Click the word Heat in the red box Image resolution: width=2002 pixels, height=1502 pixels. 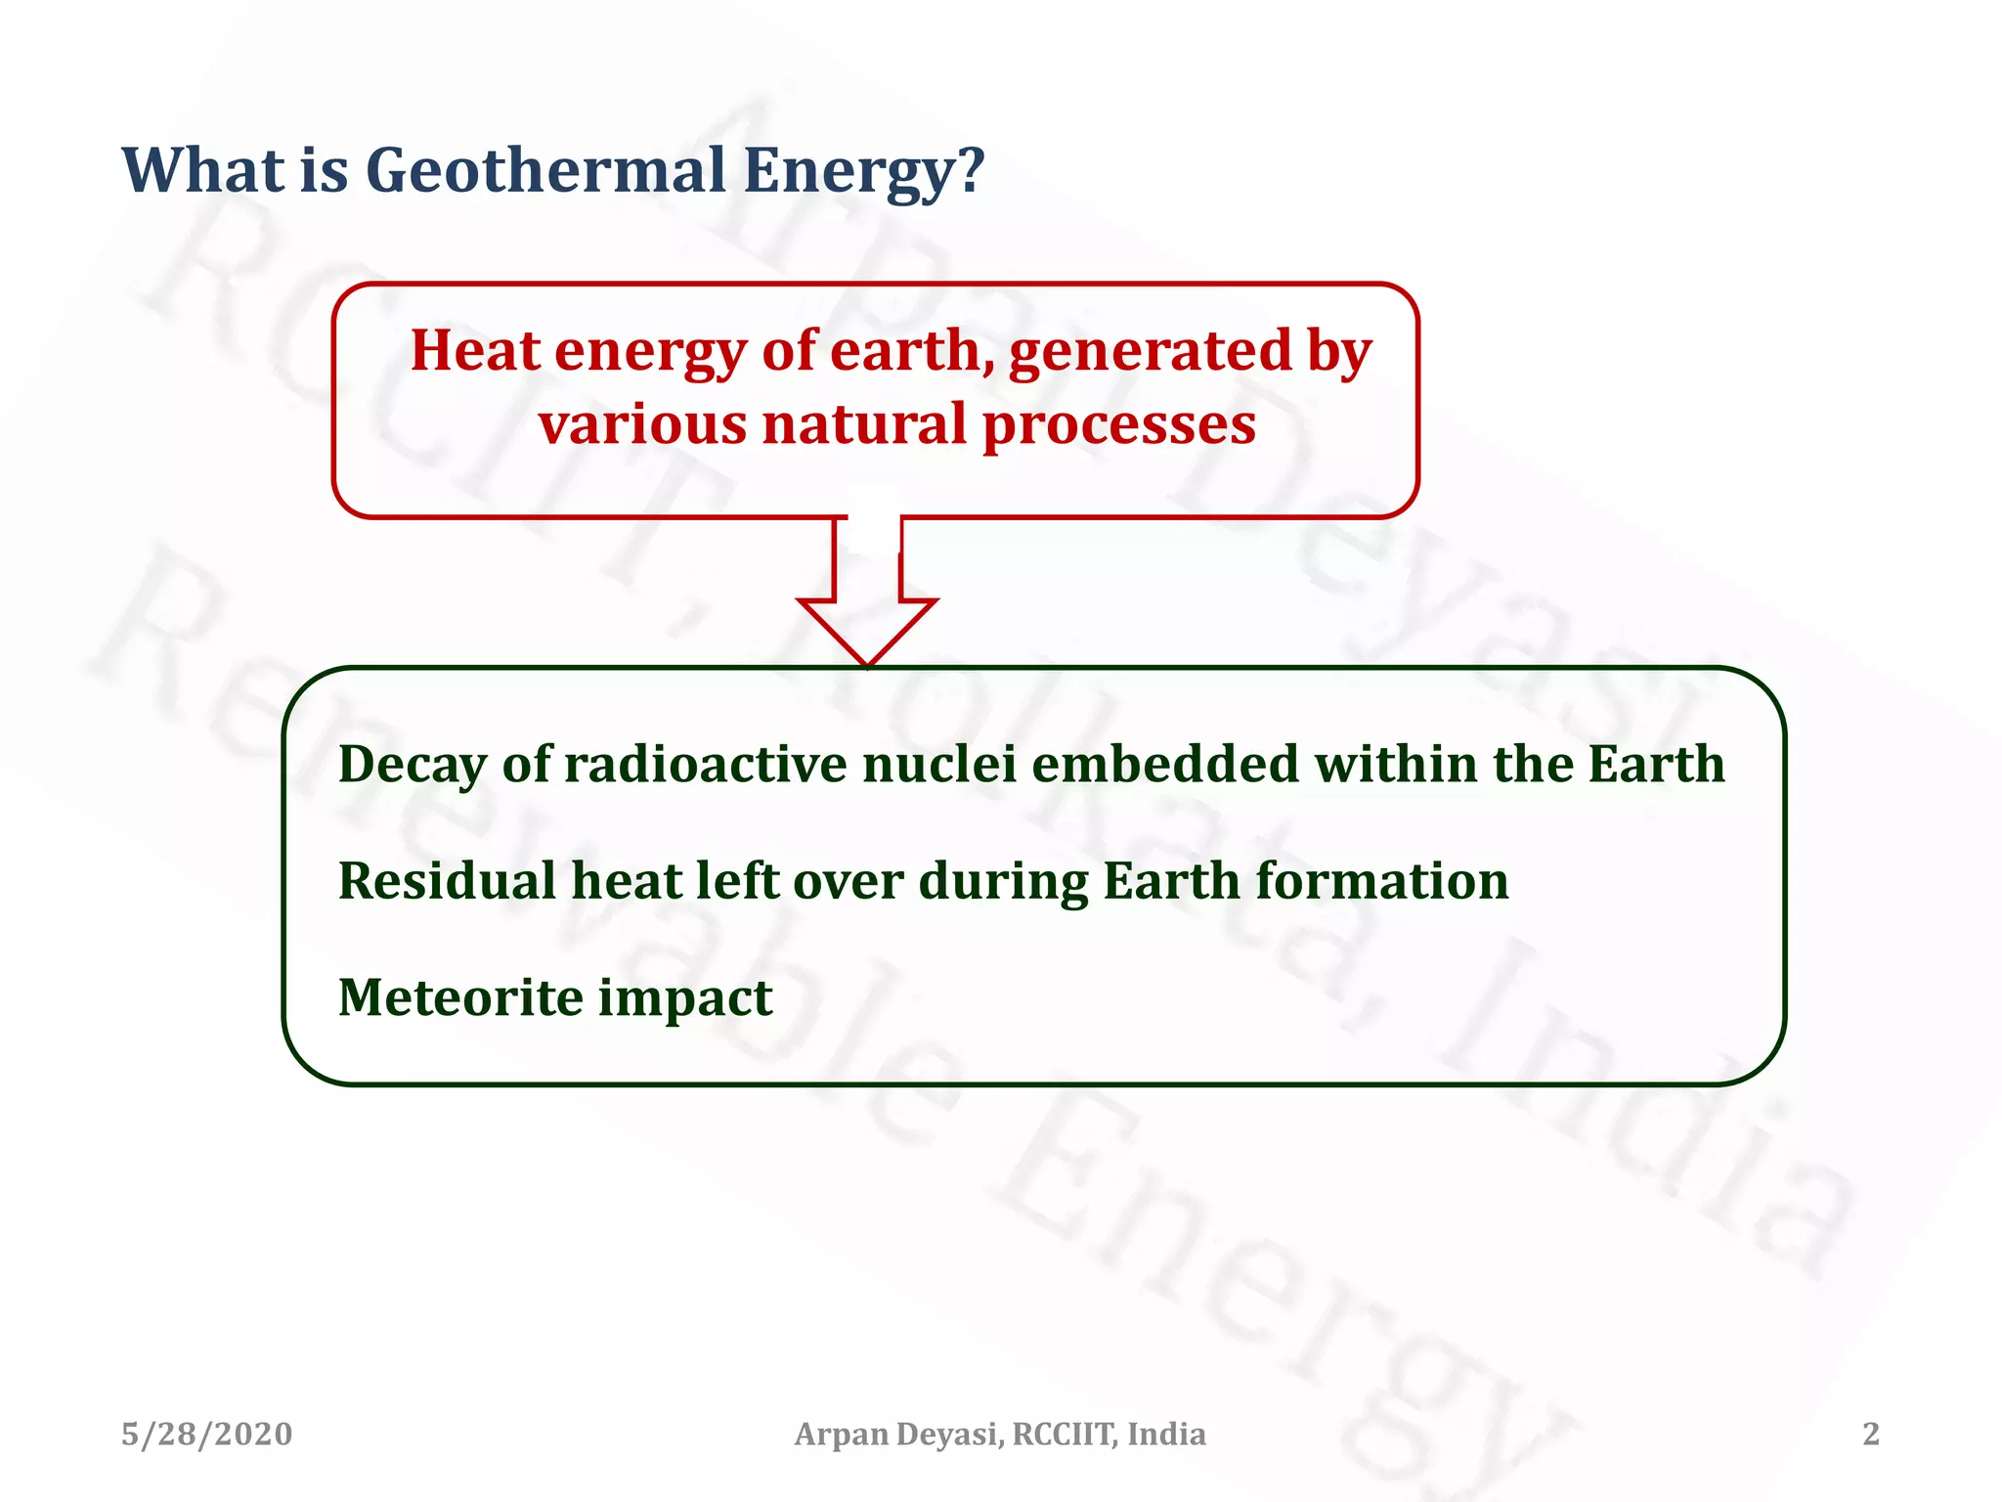point(475,350)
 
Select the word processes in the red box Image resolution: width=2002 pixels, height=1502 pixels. point(1118,425)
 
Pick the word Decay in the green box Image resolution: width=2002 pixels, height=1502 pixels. point(412,766)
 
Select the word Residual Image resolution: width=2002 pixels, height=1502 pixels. point(447,881)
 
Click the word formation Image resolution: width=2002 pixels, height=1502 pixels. point(1381,881)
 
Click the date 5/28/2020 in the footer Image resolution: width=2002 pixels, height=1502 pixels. point(206,1435)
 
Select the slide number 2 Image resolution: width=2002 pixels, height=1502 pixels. point(1870,1435)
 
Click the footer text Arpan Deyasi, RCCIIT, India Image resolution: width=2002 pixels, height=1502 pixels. point(999,1435)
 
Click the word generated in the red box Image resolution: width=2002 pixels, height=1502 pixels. point(1150,352)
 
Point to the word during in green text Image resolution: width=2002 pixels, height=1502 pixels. point(1003,883)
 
